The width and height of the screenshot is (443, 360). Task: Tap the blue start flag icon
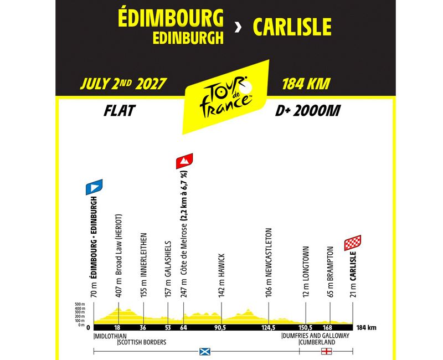(x=93, y=187)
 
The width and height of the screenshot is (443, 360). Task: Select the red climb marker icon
(x=184, y=161)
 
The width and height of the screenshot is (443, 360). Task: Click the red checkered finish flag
(x=353, y=242)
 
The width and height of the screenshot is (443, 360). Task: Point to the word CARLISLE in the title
(x=292, y=27)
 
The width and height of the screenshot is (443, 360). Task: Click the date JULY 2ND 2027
(x=123, y=84)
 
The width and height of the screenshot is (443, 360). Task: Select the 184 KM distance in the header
(x=306, y=84)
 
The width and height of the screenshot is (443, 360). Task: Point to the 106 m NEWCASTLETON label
(x=268, y=263)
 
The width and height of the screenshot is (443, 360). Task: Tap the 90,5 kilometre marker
(x=221, y=327)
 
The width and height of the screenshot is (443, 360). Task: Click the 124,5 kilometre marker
(x=268, y=327)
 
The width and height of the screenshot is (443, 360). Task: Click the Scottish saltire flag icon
(x=204, y=351)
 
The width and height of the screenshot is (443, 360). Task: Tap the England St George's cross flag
(x=327, y=351)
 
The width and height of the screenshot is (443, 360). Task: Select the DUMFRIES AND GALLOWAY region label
(x=316, y=336)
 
